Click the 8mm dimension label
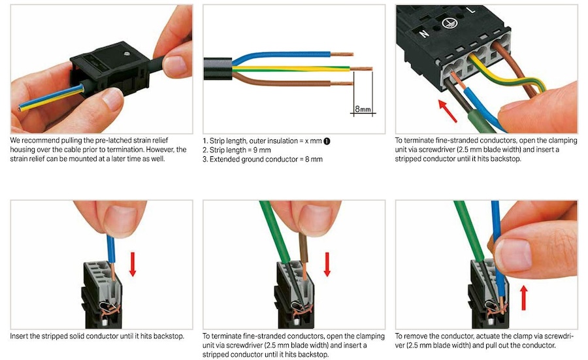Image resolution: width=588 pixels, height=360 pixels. click(363, 108)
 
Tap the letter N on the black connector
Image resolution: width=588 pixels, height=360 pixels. click(424, 34)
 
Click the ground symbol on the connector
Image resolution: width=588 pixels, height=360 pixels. click(449, 23)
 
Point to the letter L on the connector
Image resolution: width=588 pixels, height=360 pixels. click(471, 10)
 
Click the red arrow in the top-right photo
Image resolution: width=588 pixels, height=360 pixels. click(448, 110)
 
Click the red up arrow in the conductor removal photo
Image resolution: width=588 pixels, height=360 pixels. click(524, 298)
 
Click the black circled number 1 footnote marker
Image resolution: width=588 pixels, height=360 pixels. click(327, 141)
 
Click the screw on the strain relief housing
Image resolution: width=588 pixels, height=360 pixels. click(127, 54)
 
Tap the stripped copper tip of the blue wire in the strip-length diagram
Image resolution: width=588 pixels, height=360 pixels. click(342, 54)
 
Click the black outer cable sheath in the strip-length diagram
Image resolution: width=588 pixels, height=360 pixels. click(218, 69)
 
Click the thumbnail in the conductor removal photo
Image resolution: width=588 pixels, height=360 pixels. click(513, 255)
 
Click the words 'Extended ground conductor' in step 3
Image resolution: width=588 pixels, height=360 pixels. click(254, 159)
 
